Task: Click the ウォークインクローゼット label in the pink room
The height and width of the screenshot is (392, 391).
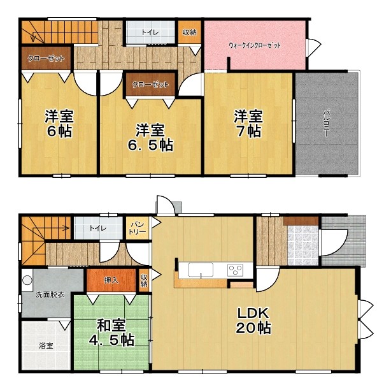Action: (255, 45)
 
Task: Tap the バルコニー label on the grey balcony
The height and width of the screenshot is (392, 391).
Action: (326, 123)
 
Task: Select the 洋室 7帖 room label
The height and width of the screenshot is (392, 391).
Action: (248, 124)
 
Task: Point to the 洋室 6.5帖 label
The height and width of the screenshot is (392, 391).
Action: (150, 138)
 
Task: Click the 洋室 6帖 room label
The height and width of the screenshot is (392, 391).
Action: (59, 124)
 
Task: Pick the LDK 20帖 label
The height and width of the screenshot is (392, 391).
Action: (253, 321)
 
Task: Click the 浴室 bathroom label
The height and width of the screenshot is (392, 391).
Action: (46, 346)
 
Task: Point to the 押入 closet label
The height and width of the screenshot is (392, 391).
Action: (111, 280)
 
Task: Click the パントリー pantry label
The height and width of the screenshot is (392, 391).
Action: (138, 228)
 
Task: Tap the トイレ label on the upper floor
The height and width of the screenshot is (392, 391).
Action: (150, 33)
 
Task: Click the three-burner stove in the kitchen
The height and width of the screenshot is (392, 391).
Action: (235, 270)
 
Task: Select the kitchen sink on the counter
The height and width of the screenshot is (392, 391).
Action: (201, 270)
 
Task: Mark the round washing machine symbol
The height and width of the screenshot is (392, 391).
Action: (27, 280)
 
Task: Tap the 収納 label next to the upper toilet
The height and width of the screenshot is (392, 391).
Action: (190, 32)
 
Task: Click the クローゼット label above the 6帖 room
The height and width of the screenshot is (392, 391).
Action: (46, 59)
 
